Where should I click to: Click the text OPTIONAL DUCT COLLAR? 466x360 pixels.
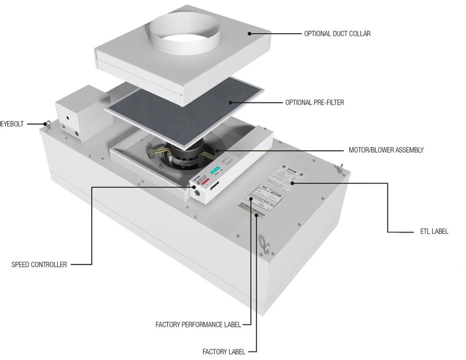(337, 34)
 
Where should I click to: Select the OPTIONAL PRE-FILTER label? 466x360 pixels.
(314, 103)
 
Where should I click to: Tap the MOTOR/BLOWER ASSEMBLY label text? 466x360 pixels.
(386, 150)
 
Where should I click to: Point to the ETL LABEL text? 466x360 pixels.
(434, 232)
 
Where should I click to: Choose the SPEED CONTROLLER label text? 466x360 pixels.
(39, 264)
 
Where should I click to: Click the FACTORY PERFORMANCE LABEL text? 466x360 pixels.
(198, 325)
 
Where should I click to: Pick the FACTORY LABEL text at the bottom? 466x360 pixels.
(224, 351)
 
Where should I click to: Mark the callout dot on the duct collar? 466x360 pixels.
(249, 34)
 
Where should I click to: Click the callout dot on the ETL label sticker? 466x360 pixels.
(291, 184)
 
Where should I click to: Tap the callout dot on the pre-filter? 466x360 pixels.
(231, 103)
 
